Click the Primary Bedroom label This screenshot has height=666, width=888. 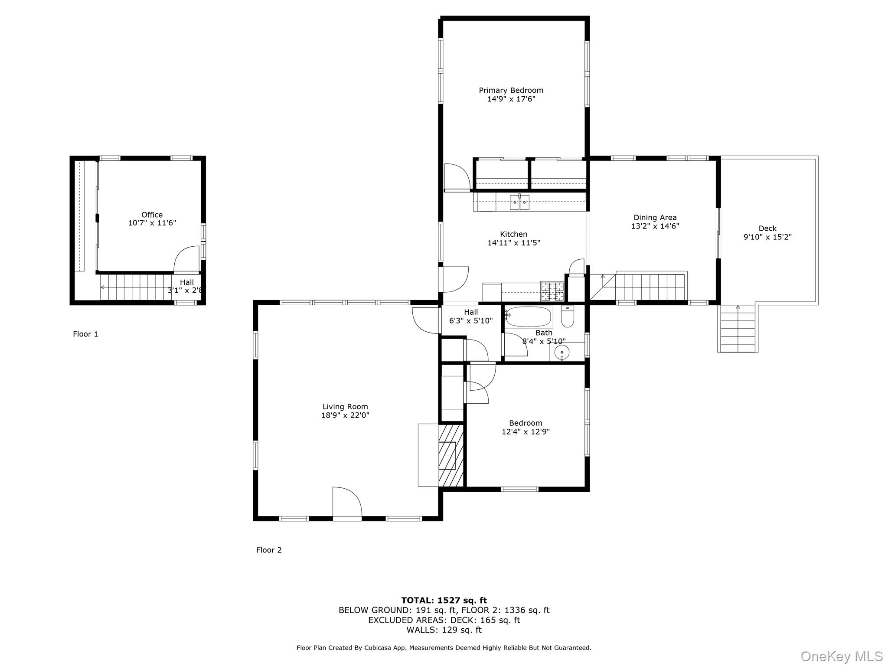pos(511,90)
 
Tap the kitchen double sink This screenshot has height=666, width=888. pos(519,202)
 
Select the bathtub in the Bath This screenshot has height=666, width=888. pos(529,317)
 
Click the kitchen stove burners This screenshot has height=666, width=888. pos(552,291)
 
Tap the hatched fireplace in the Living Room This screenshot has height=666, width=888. pos(451,455)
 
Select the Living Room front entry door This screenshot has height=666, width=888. pos(347,503)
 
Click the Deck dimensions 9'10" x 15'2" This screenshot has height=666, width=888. pos(767,237)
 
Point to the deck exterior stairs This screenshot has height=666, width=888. pos(738,330)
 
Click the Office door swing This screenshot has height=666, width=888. pos(187,259)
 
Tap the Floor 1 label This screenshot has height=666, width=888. pos(85,334)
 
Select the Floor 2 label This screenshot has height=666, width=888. pos(269,550)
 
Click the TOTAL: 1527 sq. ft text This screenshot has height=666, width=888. pos(444,600)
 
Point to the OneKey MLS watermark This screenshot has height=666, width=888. pos(841,656)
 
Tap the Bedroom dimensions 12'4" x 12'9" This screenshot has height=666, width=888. pos(526,431)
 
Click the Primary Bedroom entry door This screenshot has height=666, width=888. pos(457,178)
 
